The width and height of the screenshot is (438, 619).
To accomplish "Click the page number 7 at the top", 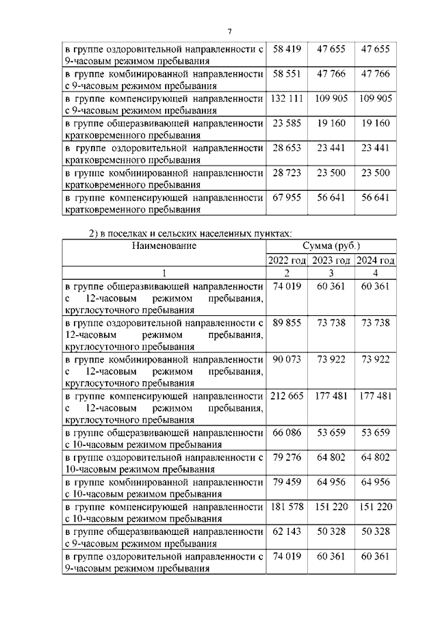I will pos(230,31).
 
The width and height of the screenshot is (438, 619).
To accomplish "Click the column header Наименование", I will pos(164,246).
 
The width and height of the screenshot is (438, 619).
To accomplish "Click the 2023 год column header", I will pos(331,261).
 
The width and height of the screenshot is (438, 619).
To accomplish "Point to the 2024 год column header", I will pos(375,261).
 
